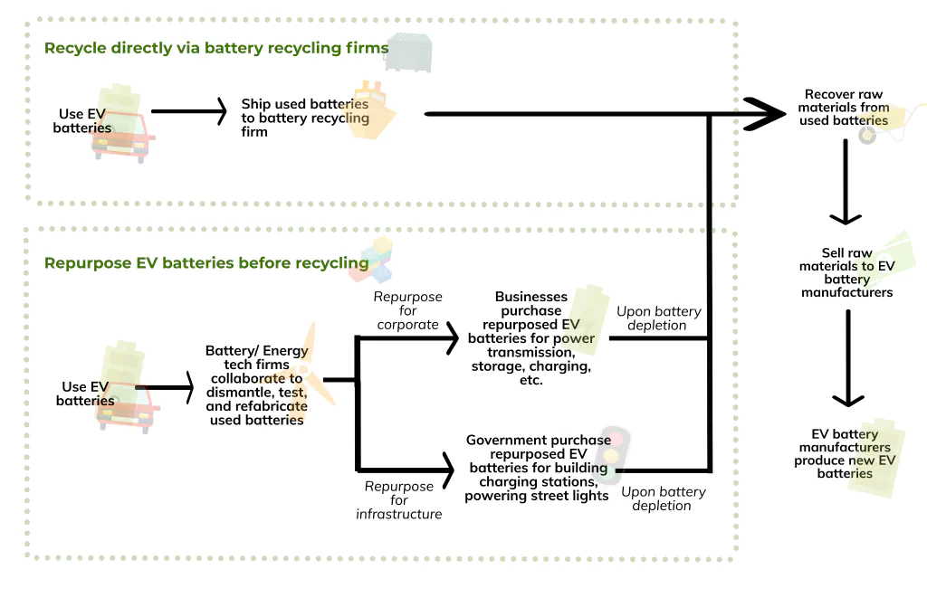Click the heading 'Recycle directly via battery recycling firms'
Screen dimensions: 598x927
pos(216,48)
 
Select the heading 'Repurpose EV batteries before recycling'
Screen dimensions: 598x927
pos(206,263)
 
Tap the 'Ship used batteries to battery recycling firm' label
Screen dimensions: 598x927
pos(304,118)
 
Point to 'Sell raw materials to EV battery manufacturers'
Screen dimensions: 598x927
pos(846,272)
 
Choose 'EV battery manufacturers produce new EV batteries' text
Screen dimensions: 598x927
pos(846,453)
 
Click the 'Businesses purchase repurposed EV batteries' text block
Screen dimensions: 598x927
pos(531,338)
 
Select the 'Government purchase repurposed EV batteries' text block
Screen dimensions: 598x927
pos(536,467)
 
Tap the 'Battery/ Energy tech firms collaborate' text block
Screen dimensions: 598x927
pos(256,384)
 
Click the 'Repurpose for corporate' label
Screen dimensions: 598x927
pos(407,310)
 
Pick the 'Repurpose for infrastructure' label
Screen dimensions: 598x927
pos(399,499)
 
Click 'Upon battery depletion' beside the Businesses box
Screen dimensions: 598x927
pos(658,318)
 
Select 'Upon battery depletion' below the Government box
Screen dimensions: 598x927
pos(663,498)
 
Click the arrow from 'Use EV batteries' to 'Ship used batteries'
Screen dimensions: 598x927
pos(188,112)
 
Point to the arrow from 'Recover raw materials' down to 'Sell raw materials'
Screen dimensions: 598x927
pos(846,181)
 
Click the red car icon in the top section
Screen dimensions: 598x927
pos(124,143)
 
